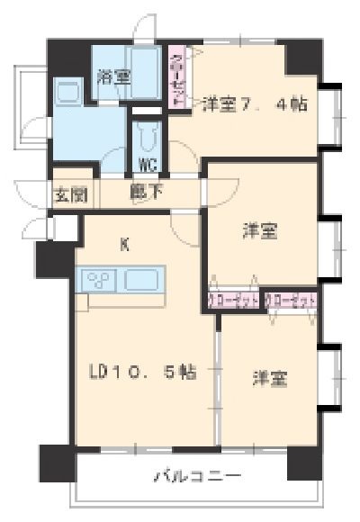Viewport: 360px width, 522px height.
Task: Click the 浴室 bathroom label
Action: point(114,77)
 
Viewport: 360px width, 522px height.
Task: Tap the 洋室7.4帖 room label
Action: point(254,103)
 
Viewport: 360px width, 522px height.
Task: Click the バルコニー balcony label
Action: point(195,474)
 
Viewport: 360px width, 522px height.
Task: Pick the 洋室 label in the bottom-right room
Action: point(268,379)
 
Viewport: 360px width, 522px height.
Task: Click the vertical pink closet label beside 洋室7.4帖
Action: point(177,78)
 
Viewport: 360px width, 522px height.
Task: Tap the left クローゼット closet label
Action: point(234,300)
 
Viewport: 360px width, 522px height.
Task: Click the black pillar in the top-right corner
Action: point(303,57)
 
